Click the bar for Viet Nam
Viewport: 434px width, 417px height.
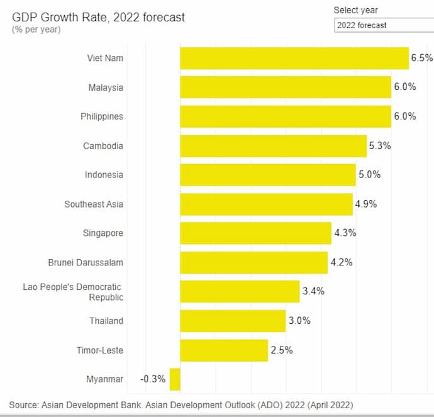click(294, 58)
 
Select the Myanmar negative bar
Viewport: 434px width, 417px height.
click(175, 379)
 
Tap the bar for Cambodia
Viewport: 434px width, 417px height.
click(273, 146)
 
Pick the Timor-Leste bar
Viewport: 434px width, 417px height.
click(224, 350)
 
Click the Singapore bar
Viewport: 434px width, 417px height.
click(255, 233)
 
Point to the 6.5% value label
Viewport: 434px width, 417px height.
click(421, 58)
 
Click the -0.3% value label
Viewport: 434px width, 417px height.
click(153, 379)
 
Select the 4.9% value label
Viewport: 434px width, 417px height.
click(365, 204)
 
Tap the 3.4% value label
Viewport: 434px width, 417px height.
click(313, 292)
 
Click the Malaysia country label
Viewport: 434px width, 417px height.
click(106, 87)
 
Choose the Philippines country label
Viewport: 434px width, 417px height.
click(102, 116)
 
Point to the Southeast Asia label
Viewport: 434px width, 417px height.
click(94, 204)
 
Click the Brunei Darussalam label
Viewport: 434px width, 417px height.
click(86, 262)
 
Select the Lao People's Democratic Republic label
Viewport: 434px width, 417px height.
click(73, 292)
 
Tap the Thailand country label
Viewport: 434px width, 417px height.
click(106, 321)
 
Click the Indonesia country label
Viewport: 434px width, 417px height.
click(104, 175)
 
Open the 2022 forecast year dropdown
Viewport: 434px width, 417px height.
click(384, 25)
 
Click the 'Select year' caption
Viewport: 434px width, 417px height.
click(355, 10)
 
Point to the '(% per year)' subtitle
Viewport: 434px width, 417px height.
click(36, 30)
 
